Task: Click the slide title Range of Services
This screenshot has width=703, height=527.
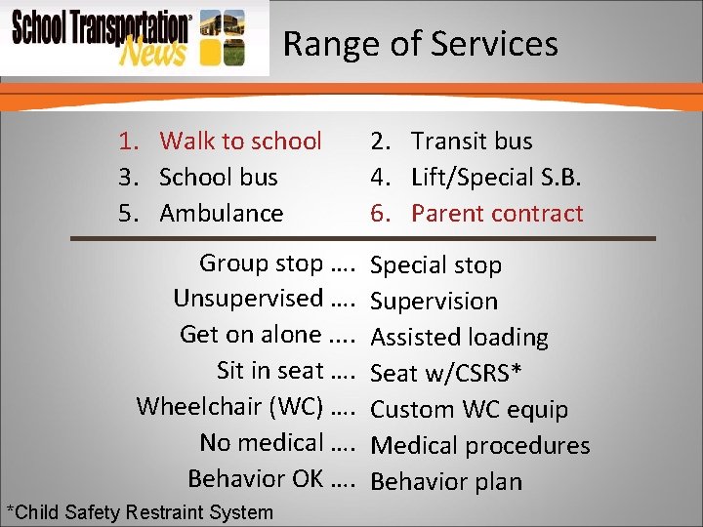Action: (x=420, y=44)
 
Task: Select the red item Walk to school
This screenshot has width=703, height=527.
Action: (x=240, y=142)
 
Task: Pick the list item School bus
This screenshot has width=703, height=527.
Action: (x=218, y=178)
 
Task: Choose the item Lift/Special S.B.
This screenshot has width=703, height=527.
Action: (x=497, y=178)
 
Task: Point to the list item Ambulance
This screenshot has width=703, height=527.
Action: (x=221, y=213)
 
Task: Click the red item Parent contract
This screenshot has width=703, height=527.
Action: (x=496, y=213)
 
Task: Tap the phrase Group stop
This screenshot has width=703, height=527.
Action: (x=261, y=263)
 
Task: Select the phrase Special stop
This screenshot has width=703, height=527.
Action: (x=436, y=265)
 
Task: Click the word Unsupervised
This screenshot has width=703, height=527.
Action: (x=248, y=299)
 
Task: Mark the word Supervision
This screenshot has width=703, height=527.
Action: (x=434, y=302)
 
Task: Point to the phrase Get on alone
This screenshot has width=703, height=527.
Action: (x=251, y=335)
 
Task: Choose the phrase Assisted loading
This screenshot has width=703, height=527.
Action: (x=460, y=338)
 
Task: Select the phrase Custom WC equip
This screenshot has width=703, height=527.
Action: (x=470, y=410)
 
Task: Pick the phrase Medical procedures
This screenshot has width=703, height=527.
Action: (x=480, y=446)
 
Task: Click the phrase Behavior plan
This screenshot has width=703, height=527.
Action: (x=447, y=482)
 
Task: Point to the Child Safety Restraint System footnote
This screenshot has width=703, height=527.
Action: (x=140, y=512)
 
